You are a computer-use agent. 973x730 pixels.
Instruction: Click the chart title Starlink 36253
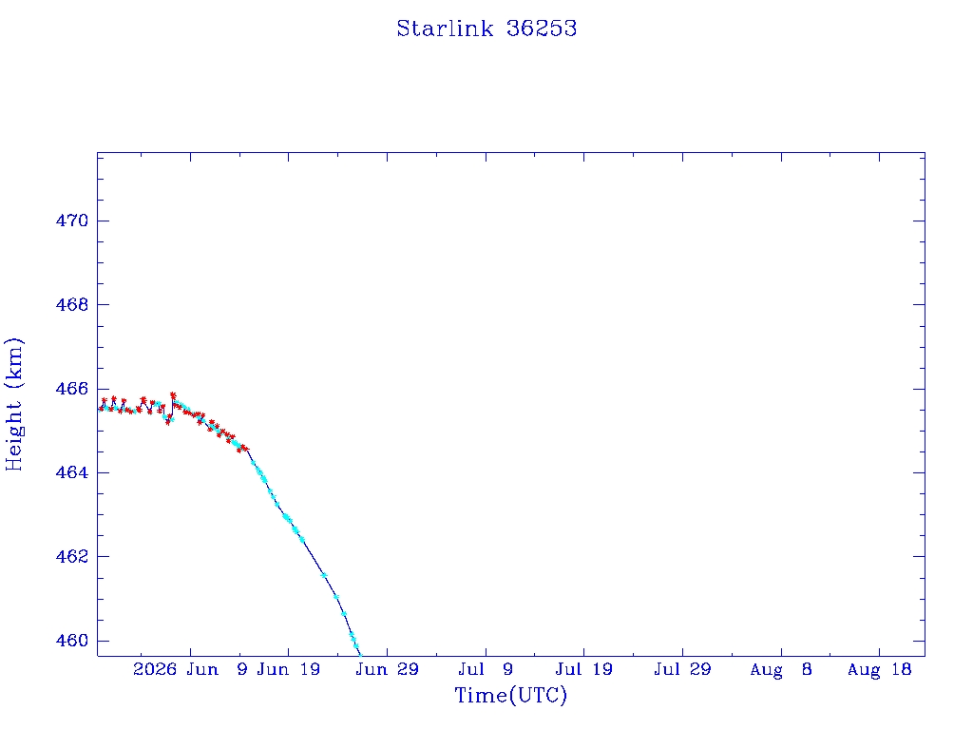(x=486, y=29)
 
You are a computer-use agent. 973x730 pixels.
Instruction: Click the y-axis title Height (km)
(x=13, y=404)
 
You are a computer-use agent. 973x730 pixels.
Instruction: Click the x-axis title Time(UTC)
(x=510, y=695)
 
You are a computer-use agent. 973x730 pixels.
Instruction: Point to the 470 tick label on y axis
(x=72, y=221)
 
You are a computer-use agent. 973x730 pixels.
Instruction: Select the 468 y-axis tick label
(x=72, y=305)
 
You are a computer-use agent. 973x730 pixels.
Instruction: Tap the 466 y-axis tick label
(x=72, y=389)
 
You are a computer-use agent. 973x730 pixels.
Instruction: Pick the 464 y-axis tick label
(x=72, y=472)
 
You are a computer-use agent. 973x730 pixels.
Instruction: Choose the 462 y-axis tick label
(x=72, y=556)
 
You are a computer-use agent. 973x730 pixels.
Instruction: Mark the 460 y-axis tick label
(x=72, y=641)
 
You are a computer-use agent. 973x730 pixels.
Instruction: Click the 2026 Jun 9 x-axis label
(x=190, y=669)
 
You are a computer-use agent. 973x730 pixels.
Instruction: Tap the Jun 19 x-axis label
(x=289, y=669)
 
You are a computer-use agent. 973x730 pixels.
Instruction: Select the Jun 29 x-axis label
(x=388, y=669)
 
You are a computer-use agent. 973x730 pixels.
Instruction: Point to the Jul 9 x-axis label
(x=486, y=669)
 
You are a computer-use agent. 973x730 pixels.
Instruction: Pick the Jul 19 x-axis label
(x=584, y=669)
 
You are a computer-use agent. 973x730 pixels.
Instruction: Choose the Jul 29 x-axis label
(x=682, y=669)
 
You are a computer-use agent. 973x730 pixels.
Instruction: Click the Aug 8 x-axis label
(x=781, y=669)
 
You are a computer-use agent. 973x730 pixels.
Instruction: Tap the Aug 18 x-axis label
(x=879, y=669)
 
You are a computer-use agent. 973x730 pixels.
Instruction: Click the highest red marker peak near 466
(x=173, y=394)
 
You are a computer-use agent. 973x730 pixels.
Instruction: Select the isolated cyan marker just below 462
(x=324, y=575)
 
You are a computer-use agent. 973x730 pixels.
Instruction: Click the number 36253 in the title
(x=542, y=29)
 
